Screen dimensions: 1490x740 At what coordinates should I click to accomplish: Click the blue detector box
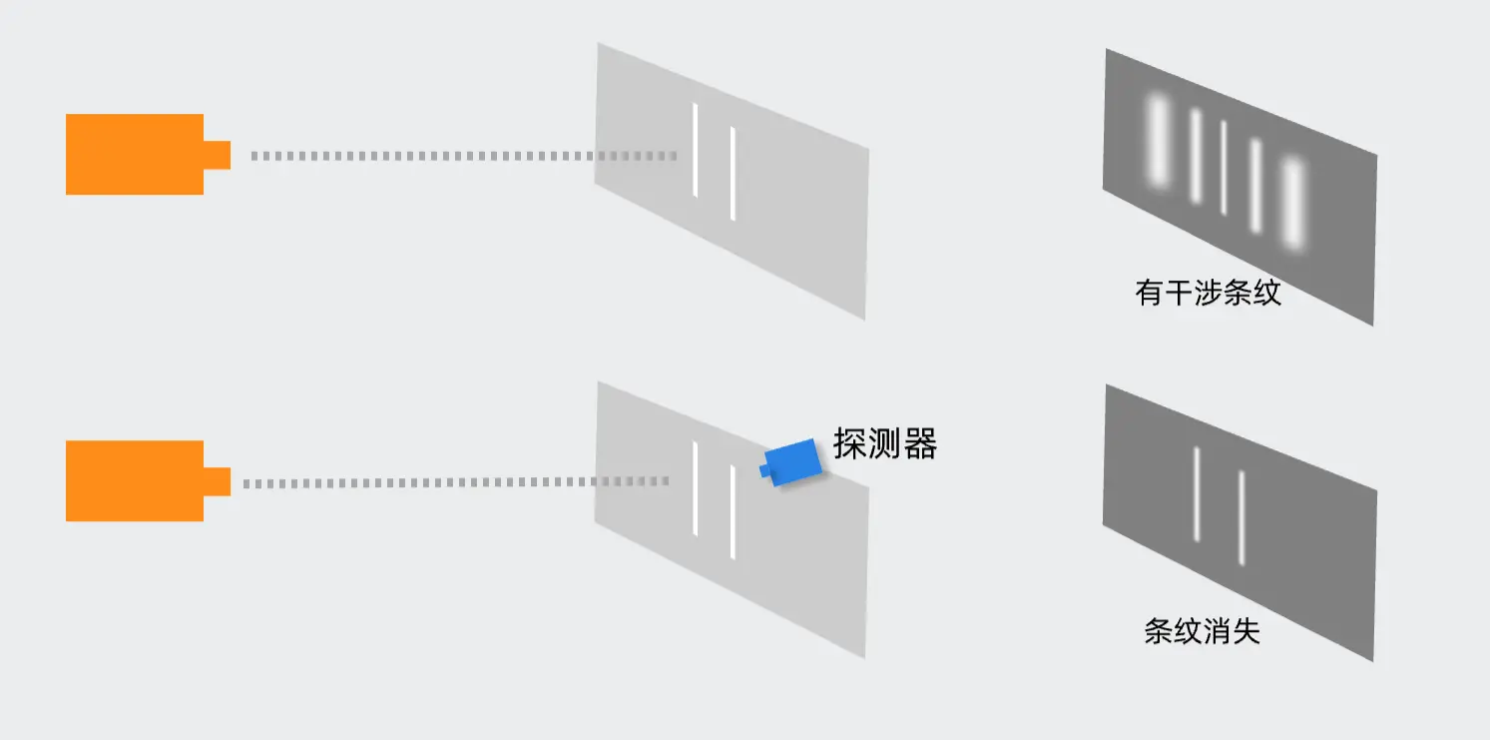click(x=792, y=461)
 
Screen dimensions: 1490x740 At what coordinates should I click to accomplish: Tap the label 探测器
click(x=885, y=443)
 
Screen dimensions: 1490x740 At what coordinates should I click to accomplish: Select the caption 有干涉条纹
click(x=1208, y=293)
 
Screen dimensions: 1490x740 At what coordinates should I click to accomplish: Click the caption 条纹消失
click(x=1202, y=631)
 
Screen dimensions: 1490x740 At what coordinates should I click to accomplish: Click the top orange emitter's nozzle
click(x=217, y=155)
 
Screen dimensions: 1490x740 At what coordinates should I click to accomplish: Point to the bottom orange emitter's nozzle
click(x=217, y=481)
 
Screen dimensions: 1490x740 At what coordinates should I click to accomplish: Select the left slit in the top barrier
click(x=696, y=151)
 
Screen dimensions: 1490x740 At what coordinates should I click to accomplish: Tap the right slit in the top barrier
click(x=734, y=173)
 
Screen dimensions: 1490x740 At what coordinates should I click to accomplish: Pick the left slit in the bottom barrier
click(x=696, y=487)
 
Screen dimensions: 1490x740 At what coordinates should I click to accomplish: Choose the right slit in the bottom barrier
click(x=734, y=511)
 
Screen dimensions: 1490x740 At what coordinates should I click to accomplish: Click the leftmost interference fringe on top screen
click(x=1158, y=141)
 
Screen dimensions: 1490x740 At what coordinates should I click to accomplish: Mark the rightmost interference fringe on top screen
click(x=1293, y=203)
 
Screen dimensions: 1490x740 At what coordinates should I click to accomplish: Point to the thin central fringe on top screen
click(x=1224, y=168)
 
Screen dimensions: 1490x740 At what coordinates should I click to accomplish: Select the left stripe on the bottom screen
click(x=1197, y=493)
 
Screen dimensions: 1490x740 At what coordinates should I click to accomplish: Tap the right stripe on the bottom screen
click(x=1242, y=517)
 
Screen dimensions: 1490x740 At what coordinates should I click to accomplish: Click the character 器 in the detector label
click(x=920, y=443)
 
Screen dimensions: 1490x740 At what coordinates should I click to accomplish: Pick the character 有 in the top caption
click(x=1149, y=293)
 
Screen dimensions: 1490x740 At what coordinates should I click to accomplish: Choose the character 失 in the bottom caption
click(x=1246, y=631)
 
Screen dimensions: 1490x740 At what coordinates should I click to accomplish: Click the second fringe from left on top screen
click(x=1196, y=156)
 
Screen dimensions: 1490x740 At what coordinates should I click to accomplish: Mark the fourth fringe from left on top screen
click(x=1255, y=185)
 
